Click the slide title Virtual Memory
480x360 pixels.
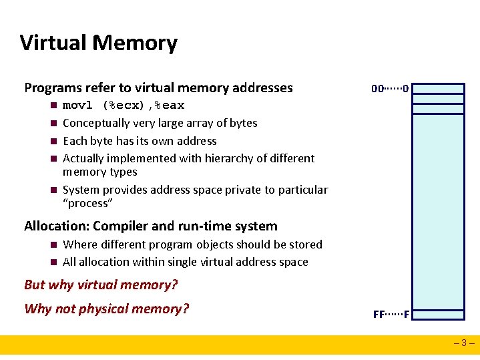tap(99, 43)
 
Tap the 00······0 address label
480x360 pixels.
tap(391, 88)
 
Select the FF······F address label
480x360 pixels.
tap(391, 314)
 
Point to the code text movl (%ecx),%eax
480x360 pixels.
tap(124, 106)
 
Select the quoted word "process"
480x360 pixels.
tap(87, 203)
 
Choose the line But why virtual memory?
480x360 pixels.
tap(101, 285)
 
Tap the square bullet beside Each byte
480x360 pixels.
tap(53, 141)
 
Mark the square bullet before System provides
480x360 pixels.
tap(53, 190)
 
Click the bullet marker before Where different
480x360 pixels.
tap(53, 245)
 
